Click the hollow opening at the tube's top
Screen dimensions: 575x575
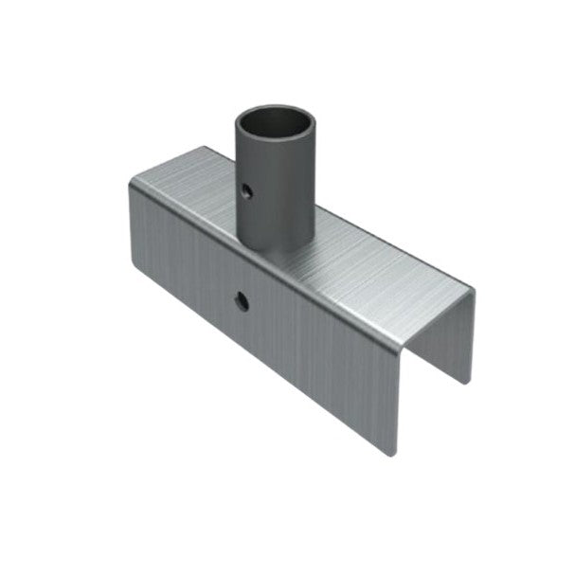pos(275,127)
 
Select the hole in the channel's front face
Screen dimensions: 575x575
pos(243,302)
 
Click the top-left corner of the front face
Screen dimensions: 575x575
pos(128,183)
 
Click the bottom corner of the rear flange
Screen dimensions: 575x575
pos(466,382)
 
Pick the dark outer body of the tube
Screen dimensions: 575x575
pos(279,199)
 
